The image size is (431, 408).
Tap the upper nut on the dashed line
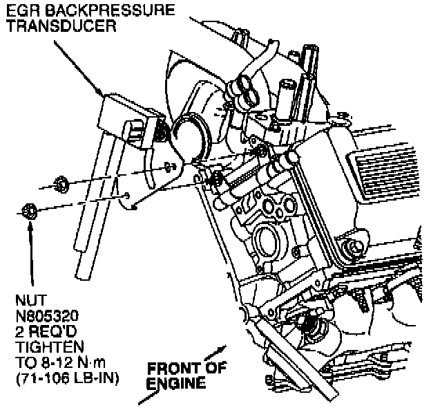[59, 184]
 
